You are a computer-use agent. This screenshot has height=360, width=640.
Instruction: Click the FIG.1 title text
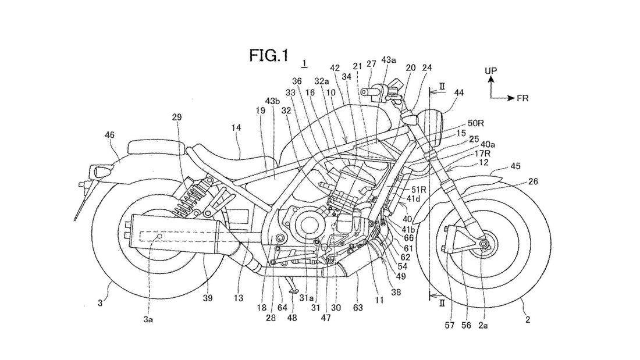click(269, 55)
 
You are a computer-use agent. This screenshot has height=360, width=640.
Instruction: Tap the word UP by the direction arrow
click(492, 71)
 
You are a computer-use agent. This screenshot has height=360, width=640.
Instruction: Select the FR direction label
click(522, 98)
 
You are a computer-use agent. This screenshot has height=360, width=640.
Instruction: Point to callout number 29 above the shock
click(177, 117)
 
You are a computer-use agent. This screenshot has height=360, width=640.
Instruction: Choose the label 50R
click(475, 124)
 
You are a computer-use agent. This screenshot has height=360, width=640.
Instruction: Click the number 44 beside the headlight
click(459, 92)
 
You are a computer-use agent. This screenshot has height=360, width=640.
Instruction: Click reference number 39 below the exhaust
click(208, 298)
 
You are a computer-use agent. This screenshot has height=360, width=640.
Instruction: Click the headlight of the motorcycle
click(431, 122)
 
